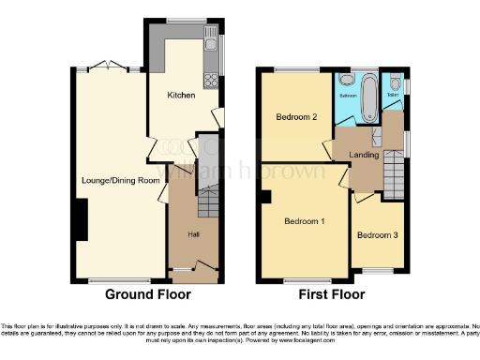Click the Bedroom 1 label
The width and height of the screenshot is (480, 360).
(306, 221)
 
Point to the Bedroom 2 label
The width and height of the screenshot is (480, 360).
(295, 118)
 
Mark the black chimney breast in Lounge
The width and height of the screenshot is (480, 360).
(76, 217)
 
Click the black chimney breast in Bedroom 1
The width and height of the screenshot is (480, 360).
(266, 197)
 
